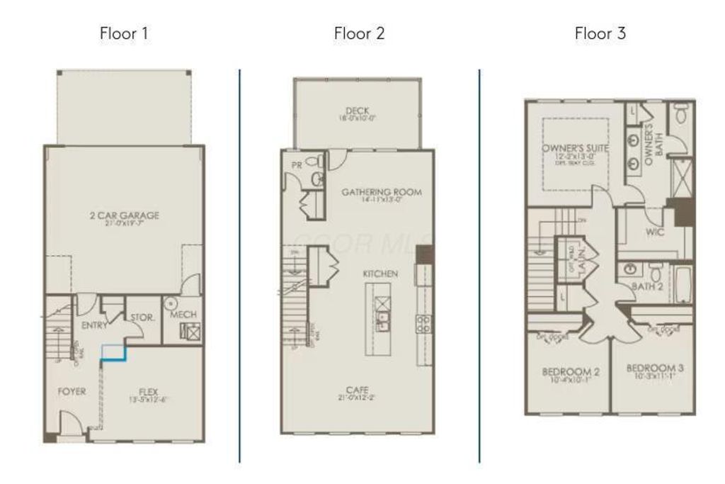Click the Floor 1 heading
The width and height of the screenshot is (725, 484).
124,33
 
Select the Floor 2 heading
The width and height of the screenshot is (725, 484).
359,33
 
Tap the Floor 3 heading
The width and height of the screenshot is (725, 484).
600,33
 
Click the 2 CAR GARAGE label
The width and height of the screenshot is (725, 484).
124,215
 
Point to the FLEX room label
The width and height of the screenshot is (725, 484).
148,391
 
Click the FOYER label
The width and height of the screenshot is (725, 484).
72,391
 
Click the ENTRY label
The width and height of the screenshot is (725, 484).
94,325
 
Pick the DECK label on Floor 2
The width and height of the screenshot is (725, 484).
358,111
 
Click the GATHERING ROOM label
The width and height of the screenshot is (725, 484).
382,192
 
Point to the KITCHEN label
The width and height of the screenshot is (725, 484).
380,274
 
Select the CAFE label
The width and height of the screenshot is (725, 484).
358,390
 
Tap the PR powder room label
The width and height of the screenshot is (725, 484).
297,164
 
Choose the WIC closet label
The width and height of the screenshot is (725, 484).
655,232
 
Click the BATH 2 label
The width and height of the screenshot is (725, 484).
647,286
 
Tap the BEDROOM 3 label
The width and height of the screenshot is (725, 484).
654,368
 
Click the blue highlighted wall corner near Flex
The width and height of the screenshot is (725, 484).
113,353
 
